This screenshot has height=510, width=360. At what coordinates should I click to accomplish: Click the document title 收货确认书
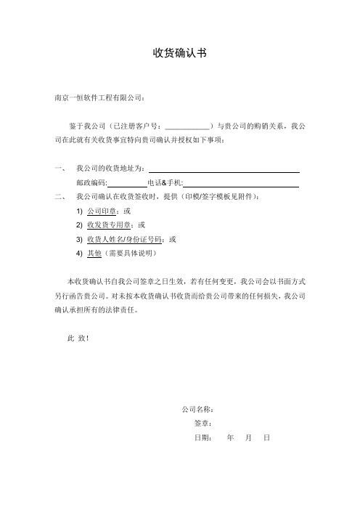coord(180,53)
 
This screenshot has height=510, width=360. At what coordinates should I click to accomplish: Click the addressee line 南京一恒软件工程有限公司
coord(99,97)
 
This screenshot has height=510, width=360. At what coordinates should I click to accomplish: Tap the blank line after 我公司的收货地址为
coord(224,169)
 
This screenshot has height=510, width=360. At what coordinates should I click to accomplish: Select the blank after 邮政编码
coord(127,182)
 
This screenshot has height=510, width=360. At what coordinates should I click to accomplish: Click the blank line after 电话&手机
coord(241,182)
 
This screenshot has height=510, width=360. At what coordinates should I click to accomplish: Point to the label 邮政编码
coord(91,182)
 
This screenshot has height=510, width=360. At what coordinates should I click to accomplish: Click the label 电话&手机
coord(165,182)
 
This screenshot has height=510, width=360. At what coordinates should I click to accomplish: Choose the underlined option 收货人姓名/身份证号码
coord(123,238)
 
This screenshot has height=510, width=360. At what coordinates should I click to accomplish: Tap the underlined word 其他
coord(94,253)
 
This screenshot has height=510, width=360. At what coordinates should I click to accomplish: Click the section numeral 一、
coord(60,169)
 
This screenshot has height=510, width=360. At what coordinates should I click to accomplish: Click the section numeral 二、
coord(60,196)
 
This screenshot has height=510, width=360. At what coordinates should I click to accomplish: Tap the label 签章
coord(202,424)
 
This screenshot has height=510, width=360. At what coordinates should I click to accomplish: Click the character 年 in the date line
coord(230,438)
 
